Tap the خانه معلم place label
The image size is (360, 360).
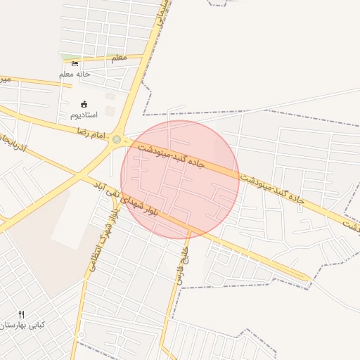coord(75,74)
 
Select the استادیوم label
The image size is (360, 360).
coord(84,114)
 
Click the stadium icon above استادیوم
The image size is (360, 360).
coord(84,104)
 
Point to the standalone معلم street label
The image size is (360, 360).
coord(119,58)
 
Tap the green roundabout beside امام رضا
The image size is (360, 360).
coord(116,139)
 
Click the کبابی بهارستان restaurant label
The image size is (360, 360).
coord(22,325)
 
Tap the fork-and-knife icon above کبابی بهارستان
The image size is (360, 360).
coord(21,314)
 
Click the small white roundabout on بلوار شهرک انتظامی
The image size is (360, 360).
coord(82,335)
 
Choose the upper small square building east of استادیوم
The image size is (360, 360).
coord(110,96)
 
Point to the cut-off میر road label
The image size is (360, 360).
coord(5,79)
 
